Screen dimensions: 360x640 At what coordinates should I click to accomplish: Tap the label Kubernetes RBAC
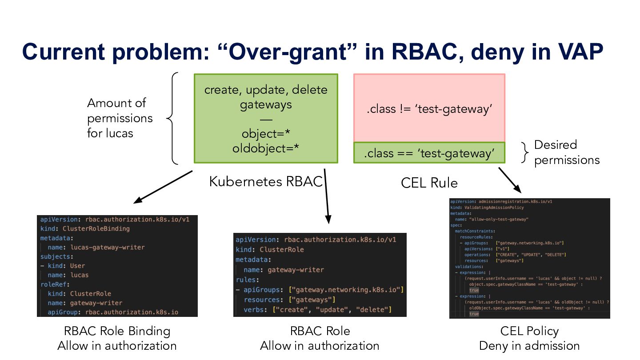click(x=266, y=181)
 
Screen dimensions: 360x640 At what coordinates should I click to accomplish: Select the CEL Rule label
click(x=429, y=183)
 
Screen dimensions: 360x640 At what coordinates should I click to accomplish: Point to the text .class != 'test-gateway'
click(x=429, y=109)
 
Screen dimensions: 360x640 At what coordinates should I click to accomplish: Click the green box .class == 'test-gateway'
click(x=429, y=153)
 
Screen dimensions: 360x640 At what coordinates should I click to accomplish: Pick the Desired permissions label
click(x=567, y=152)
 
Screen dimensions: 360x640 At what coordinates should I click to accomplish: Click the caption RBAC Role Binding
click(x=117, y=331)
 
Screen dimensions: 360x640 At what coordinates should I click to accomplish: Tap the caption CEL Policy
click(x=529, y=331)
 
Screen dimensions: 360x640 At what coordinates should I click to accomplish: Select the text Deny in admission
click(x=529, y=346)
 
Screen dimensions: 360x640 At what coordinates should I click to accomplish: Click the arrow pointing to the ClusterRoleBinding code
click(x=162, y=188)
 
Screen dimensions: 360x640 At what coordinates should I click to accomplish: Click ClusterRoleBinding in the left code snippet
click(x=96, y=228)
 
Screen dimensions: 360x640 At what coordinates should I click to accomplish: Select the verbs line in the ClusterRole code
click(x=317, y=309)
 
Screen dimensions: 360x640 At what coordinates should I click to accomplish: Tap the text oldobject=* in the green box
click(x=265, y=148)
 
